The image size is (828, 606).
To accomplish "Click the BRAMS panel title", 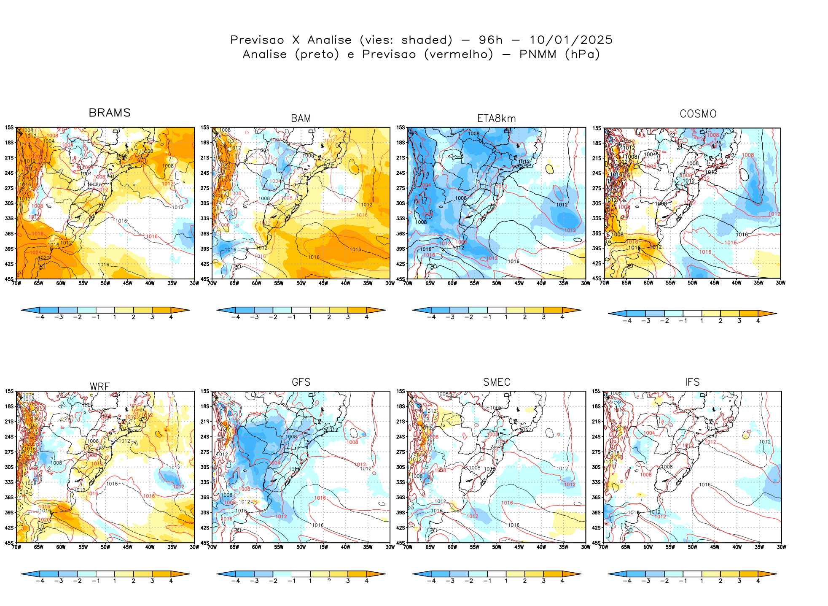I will tap(110, 113).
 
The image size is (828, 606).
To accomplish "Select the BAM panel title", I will tap(301, 119).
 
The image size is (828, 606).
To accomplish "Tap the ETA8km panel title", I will tap(496, 119).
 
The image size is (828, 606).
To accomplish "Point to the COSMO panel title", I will tap(698, 114).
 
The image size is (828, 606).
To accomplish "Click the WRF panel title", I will tap(100, 387).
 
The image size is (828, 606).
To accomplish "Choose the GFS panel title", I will tap(301, 382).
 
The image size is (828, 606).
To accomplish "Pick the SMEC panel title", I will tap(497, 382).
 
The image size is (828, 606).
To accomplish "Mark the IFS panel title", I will tap(692, 382).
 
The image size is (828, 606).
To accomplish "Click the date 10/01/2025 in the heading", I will tap(571, 40).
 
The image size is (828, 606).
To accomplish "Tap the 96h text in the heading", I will tap(491, 40).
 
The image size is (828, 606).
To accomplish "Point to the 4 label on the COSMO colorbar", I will tap(758, 321).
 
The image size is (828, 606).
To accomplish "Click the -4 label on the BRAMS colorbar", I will tap(40, 317).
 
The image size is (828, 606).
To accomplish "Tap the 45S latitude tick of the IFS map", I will tap(596, 543).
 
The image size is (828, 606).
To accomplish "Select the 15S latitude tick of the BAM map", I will tap(204, 127).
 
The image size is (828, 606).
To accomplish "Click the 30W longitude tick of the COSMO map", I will tap(780, 283).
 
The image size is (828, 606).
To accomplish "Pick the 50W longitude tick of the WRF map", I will tap(105, 547).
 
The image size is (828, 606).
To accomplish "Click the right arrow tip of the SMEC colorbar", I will tap(581, 574).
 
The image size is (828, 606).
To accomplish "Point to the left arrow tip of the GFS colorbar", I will tap(218, 574).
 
